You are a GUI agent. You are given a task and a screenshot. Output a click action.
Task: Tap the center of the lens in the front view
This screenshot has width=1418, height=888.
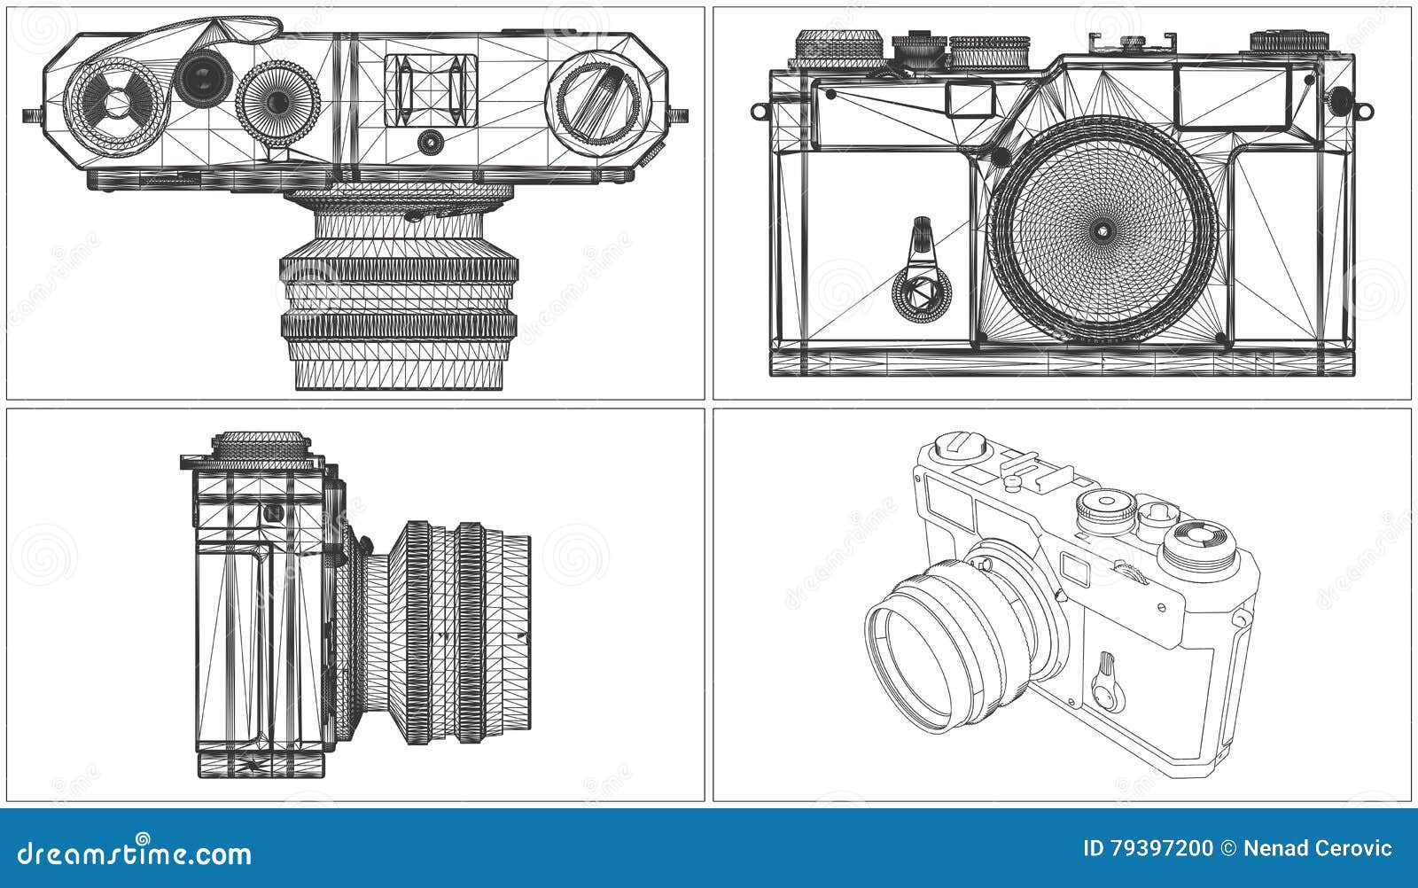(x=1102, y=230)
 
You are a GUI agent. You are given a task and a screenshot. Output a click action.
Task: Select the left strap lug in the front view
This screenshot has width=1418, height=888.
(x=759, y=111)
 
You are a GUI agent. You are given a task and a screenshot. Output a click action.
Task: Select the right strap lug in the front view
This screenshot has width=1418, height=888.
(x=1365, y=111)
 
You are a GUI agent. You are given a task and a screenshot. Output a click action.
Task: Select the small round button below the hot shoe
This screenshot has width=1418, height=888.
(x=431, y=140)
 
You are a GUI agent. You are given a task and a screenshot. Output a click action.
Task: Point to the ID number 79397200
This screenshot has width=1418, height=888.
(x=1148, y=849)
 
